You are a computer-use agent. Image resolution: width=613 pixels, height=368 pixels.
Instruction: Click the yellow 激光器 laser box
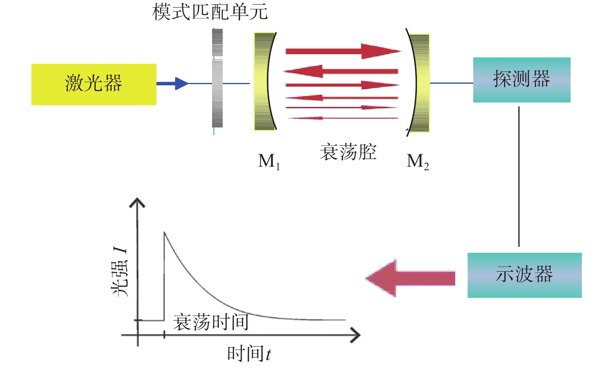coord(94,84)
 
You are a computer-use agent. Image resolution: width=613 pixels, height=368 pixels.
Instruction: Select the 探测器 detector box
coord(522,80)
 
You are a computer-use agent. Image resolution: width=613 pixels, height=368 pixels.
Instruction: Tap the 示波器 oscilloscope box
coord(524,275)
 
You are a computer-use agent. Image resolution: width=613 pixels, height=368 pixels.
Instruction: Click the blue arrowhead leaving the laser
coord(181,83)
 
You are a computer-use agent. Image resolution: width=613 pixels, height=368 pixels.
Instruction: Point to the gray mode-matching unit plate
coord(217,78)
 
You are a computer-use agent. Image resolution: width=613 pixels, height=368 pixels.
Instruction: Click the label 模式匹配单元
coord(210,12)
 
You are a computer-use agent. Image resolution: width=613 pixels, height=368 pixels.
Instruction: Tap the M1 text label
coord(269,161)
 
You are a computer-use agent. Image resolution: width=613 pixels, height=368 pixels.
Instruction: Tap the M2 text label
coord(417,161)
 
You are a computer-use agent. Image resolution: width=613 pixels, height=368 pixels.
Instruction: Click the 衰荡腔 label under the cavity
coord(348,152)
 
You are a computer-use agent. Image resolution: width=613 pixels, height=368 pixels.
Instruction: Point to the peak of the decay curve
coord(164,232)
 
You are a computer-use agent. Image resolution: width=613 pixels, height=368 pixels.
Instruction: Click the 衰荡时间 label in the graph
coord(210,322)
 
